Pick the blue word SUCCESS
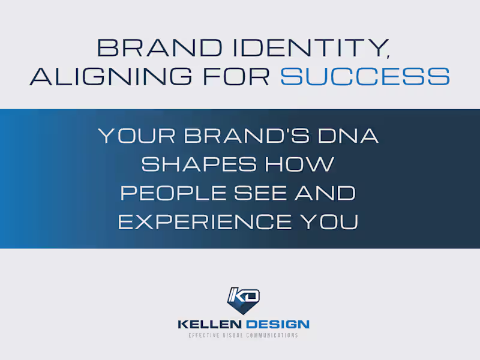pyautogui.click(x=365, y=76)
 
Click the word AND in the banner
pyautogui.click(x=329, y=194)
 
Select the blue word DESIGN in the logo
pyautogui.click(x=281, y=325)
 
